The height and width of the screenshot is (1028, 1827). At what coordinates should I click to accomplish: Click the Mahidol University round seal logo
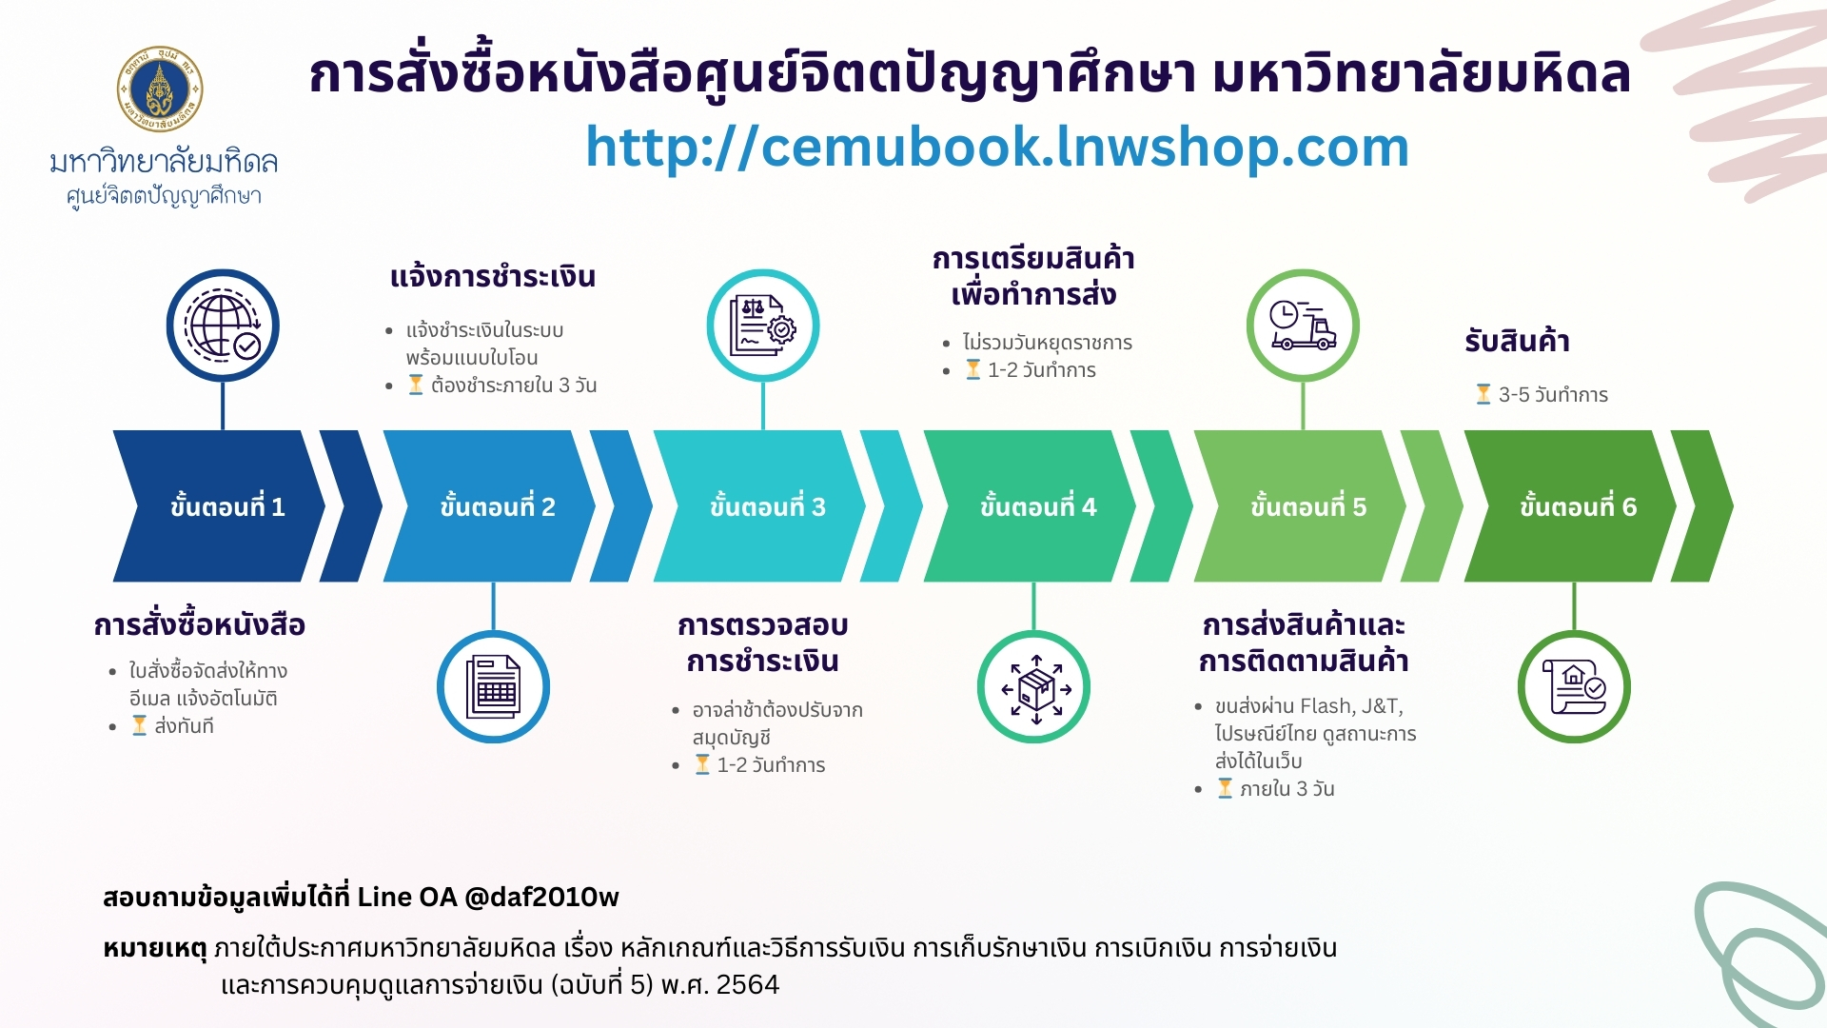tap(160, 89)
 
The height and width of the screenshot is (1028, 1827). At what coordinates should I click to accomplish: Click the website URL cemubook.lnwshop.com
tap(996, 148)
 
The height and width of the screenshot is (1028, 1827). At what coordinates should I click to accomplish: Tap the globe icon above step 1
tap(223, 326)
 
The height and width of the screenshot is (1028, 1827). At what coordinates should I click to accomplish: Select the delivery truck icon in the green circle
tap(1303, 326)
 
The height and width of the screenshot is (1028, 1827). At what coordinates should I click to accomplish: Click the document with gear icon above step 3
tap(762, 326)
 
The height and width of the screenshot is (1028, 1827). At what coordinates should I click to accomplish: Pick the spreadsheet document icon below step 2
tap(493, 686)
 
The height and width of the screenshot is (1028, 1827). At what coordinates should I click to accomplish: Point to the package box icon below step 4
tap(1033, 687)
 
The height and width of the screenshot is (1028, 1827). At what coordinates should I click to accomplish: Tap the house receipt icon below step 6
tap(1574, 687)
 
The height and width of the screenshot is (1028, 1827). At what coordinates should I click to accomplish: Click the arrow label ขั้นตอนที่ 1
tap(227, 506)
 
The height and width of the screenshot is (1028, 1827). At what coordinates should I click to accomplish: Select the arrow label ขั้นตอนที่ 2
tap(498, 506)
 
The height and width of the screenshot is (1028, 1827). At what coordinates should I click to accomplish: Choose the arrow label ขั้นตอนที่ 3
tap(768, 506)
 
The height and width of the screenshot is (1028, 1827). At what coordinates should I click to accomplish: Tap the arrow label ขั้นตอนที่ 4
tap(1038, 506)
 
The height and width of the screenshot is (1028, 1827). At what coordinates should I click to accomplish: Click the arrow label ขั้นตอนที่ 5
tap(1308, 506)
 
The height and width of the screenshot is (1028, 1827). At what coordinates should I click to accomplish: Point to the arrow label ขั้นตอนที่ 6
tap(1579, 506)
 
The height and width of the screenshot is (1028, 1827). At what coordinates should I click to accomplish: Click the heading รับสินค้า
tap(1517, 341)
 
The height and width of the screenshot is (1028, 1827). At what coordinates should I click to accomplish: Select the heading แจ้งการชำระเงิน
tap(493, 277)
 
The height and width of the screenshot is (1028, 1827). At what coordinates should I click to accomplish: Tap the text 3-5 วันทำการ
tap(1553, 395)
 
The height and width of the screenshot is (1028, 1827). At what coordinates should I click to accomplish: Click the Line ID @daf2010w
tap(541, 898)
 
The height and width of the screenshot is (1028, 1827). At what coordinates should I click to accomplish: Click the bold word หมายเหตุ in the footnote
tap(155, 949)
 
